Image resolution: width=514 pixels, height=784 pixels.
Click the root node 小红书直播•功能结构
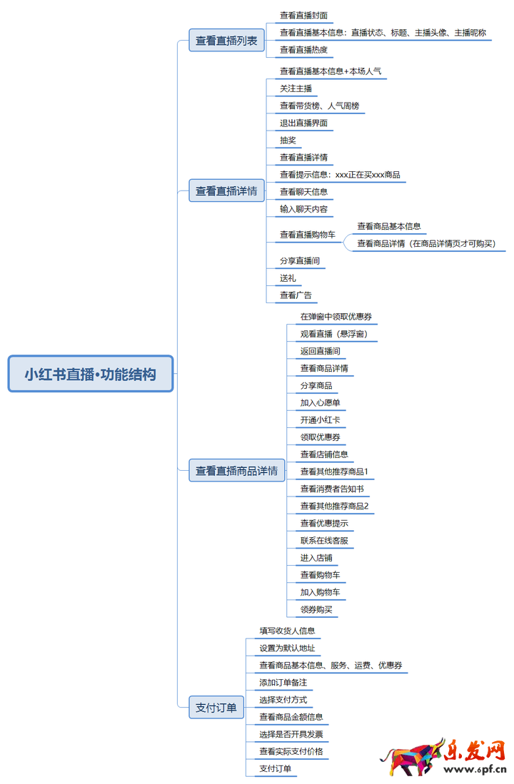(x=91, y=374)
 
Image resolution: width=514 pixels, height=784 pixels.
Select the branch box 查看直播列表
(x=227, y=41)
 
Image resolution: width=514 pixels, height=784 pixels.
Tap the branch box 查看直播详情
(x=227, y=190)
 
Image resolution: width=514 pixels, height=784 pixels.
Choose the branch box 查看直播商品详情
(x=237, y=470)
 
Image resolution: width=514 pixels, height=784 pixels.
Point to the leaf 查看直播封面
(x=303, y=15)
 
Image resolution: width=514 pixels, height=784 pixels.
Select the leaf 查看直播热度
(x=303, y=49)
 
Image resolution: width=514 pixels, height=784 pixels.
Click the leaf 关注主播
(x=296, y=88)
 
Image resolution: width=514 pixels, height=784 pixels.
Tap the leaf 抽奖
(x=288, y=140)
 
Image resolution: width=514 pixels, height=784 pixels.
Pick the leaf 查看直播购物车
(x=308, y=234)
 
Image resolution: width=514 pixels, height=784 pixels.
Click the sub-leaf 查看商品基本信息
(x=389, y=226)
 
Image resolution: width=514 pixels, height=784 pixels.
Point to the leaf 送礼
(x=288, y=278)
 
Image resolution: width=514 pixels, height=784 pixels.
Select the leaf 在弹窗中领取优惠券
(x=336, y=316)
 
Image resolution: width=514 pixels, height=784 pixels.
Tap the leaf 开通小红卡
(x=320, y=419)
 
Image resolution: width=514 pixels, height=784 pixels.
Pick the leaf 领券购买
(x=316, y=609)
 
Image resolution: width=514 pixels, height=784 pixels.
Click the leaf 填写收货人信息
(x=287, y=631)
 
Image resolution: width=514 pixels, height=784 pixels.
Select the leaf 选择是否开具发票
(x=291, y=733)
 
